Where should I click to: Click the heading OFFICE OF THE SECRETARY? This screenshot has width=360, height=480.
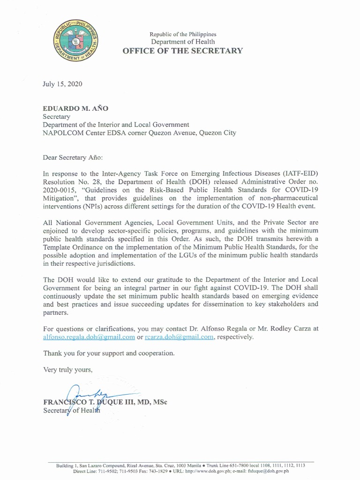(183, 51)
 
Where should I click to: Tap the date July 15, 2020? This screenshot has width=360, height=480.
(62, 84)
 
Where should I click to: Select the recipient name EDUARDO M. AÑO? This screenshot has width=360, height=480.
(75, 108)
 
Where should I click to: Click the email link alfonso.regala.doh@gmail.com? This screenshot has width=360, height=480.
(89, 337)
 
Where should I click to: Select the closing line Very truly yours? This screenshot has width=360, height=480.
(68, 369)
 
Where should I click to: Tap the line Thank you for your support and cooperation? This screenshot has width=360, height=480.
(109, 353)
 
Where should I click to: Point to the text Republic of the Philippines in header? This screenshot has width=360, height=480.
(183, 34)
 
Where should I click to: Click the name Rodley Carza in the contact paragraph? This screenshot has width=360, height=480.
(281, 329)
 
